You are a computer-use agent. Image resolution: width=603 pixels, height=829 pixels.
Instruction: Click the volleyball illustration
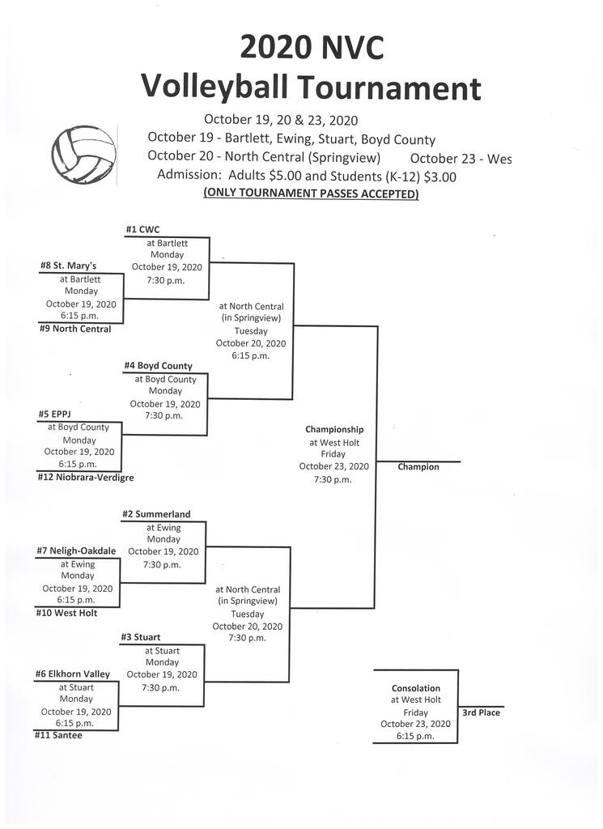pos(83,155)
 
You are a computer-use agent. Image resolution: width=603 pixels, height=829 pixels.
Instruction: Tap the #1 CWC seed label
pos(142,229)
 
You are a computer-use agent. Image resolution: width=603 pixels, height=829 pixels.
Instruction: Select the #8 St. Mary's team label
pos(68,266)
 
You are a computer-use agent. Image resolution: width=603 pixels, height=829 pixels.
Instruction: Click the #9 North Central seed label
pos(75,329)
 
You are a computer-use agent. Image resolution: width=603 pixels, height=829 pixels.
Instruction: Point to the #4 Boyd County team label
pos(158,366)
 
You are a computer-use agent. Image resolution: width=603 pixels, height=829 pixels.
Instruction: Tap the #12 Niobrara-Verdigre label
pos(86,478)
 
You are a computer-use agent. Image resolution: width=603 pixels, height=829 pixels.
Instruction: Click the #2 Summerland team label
pos(156,514)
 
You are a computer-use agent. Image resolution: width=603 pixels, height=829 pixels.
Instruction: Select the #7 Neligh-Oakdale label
pos(76,551)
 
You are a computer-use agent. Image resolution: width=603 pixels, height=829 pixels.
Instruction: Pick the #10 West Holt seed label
pos(66,614)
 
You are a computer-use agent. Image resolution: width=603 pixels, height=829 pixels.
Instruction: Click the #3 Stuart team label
pos(141,637)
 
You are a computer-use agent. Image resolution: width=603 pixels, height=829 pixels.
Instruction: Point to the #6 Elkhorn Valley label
pos(72,674)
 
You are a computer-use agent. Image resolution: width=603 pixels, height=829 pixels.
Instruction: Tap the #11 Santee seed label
pos(58,735)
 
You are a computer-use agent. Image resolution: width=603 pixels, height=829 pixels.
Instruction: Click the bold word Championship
pos(334,429)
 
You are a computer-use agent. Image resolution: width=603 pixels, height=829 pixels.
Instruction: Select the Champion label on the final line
pos(418,467)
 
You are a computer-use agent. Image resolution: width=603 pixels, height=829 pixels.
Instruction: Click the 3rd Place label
pos(481,712)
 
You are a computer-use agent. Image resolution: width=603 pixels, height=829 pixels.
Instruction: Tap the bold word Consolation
pos(416,688)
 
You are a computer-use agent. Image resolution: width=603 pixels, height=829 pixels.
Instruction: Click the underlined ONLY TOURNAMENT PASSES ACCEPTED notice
pos(312,193)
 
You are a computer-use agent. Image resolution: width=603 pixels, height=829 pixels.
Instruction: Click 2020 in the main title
pos(274,47)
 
